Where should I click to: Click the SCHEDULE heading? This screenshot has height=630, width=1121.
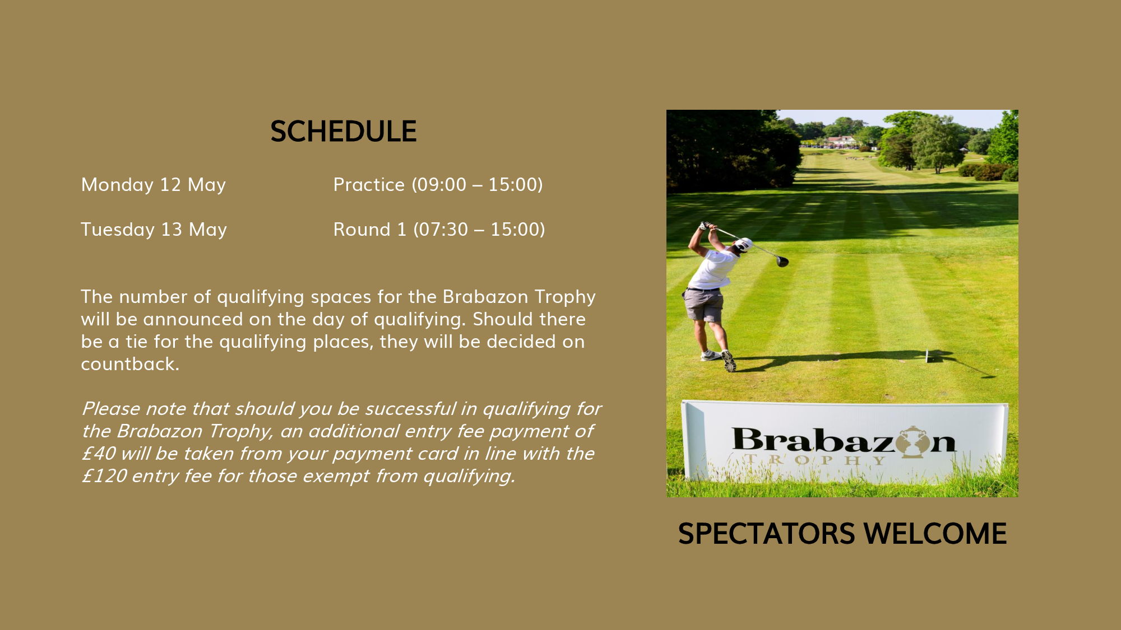[343, 132]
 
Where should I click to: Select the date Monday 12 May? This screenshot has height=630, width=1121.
[154, 185]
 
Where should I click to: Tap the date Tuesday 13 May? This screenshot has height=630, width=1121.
[154, 230]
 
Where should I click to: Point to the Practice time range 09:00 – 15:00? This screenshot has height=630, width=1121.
[477, 185]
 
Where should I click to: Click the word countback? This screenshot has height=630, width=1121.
[130, 364]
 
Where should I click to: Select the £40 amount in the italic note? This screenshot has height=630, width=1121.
[99, 454]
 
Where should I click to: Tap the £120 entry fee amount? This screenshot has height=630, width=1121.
[104, 476]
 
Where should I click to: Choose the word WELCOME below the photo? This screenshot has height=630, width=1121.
[935, 534]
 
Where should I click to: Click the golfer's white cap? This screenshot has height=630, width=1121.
[743, 244]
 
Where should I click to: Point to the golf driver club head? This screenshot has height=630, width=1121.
[782, 261]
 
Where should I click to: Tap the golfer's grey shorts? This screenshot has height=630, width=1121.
[704, 305]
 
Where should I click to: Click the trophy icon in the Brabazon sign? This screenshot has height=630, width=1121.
[912, 442]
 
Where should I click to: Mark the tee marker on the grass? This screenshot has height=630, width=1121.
[928, 355]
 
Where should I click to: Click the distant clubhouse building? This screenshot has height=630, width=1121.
[841, 141]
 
